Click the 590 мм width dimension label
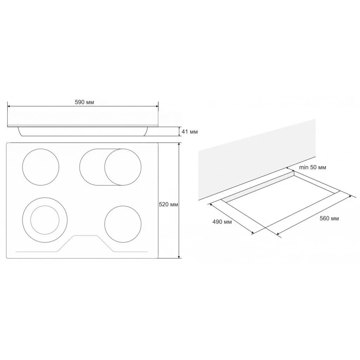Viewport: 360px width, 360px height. coord(84,102)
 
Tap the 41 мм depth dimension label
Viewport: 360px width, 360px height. coord(189,131)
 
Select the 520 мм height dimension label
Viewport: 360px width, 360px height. coord(168,204)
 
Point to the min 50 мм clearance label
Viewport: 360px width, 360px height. coord(313,167)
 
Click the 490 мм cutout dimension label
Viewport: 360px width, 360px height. coord(222,222)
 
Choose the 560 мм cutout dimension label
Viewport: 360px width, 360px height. coord(329,218)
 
